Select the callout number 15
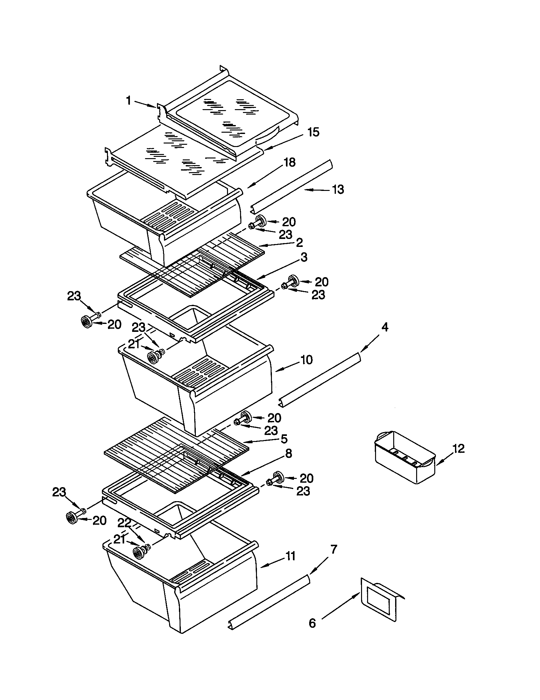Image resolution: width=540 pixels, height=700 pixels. pyautogui.click(x=313, y=132)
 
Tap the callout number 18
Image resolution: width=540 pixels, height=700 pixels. pyautogui.click(x=289, y=162)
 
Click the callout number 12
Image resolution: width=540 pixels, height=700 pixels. pyautogui.click(x=458, y=449)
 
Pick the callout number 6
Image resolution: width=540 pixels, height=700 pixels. pyautogui.click(x=312, y=623)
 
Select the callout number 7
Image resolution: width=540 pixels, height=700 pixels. pyautogui.click(x=333, y=549)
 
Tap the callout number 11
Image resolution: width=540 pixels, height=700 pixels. pyautogui.click(x=290, y=556)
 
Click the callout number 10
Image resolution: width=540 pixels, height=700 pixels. pyautogui.click(x=307, y=360)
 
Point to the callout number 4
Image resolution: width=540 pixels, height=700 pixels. pyautogui.click(x=385, y=327)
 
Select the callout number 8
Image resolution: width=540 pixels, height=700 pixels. pyautogui.click(x=288, y=453)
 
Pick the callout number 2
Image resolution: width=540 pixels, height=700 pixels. pyautogui.click(x=299, y=242)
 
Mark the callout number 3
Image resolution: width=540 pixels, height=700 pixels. pyautogui.click(x=304, y=257)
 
